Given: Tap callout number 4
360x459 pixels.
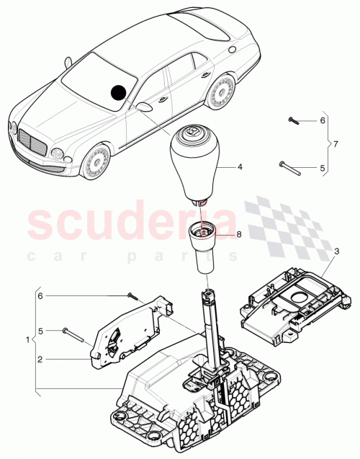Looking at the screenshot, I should (x=241, y=166).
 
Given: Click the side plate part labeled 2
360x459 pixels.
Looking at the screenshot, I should (x=130, y=331).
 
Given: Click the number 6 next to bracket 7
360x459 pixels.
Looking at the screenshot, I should (x=323, y=120).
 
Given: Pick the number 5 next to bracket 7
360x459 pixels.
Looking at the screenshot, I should (x=323, y=169).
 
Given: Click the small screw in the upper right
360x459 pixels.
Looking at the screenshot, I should (x=292, y=120).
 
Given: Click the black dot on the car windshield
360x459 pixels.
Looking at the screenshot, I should (x=119, y=92).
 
